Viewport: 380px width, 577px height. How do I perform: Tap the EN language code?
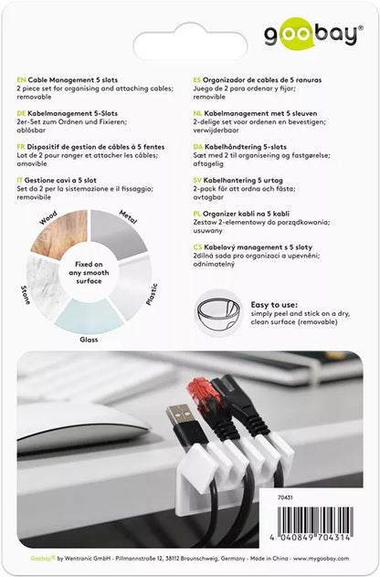coord(22,80)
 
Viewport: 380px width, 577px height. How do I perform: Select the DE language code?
coord(22,107)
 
